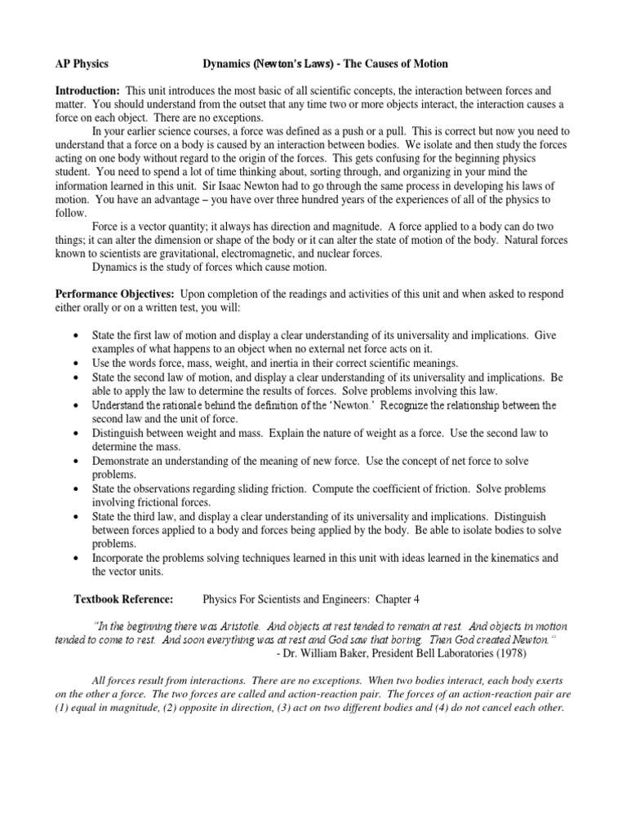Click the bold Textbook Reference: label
tap(123, 599)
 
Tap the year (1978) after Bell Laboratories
tap(511, 653)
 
